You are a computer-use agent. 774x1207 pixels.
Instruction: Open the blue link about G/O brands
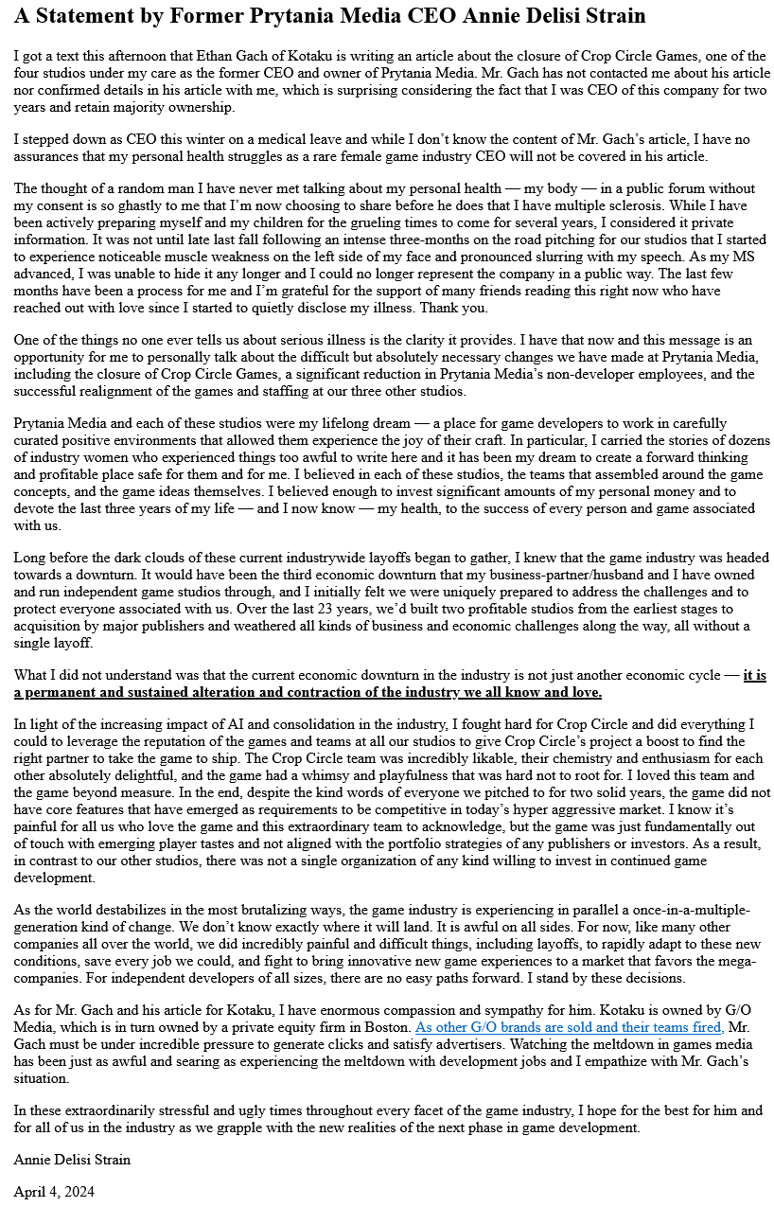[569, 1027]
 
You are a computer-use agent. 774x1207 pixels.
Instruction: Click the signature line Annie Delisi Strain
[72, 1159]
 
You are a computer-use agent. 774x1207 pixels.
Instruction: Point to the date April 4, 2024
[54, 1192]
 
